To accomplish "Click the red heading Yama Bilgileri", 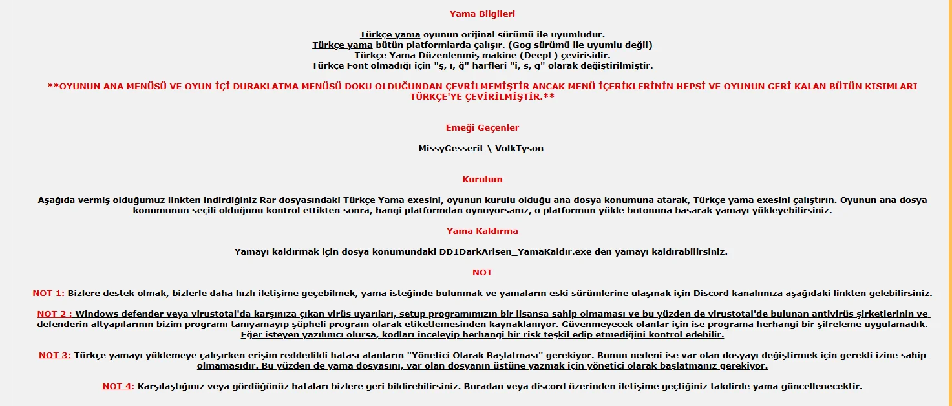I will pos(482,14).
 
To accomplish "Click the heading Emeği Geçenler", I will pos(482,127).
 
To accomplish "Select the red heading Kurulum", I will pos(482,179).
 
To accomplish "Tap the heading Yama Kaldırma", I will pos(482,231).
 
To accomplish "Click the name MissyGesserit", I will pos(451,148).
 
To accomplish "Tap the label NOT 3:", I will pos(55,355).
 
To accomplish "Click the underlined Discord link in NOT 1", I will pos(710,293).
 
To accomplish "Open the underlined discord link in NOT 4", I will pos(548,386).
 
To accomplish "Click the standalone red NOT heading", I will pos(482,272).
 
